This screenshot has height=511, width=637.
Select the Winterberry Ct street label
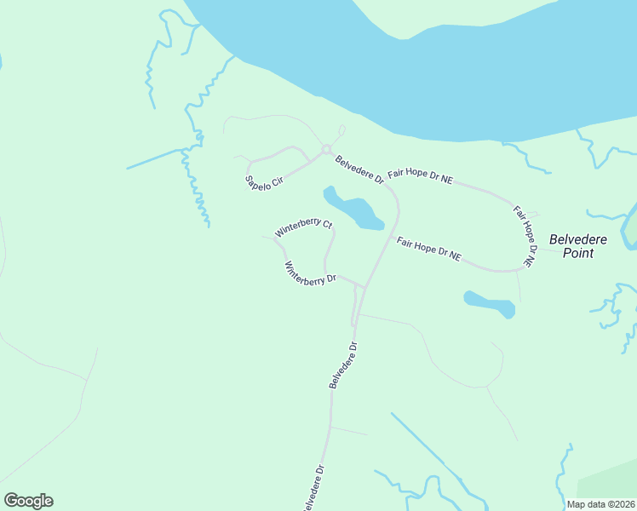click(302, 228)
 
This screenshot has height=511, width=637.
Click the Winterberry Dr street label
click(310, 273)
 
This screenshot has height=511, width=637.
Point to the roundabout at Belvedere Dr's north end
click(325, 151)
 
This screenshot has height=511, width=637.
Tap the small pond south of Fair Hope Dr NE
click(490, 303)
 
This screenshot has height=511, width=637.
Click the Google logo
click(28, 501)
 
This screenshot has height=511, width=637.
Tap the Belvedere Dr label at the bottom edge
click(313, 488)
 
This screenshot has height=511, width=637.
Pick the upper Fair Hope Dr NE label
click(420, 176)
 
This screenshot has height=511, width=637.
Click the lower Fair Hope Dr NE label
click(429, 249)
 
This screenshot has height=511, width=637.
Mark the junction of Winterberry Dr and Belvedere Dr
click(364, 287)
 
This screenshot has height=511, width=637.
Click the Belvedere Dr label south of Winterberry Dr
click(343, 365)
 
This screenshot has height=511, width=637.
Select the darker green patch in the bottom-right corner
click(613, 481)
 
